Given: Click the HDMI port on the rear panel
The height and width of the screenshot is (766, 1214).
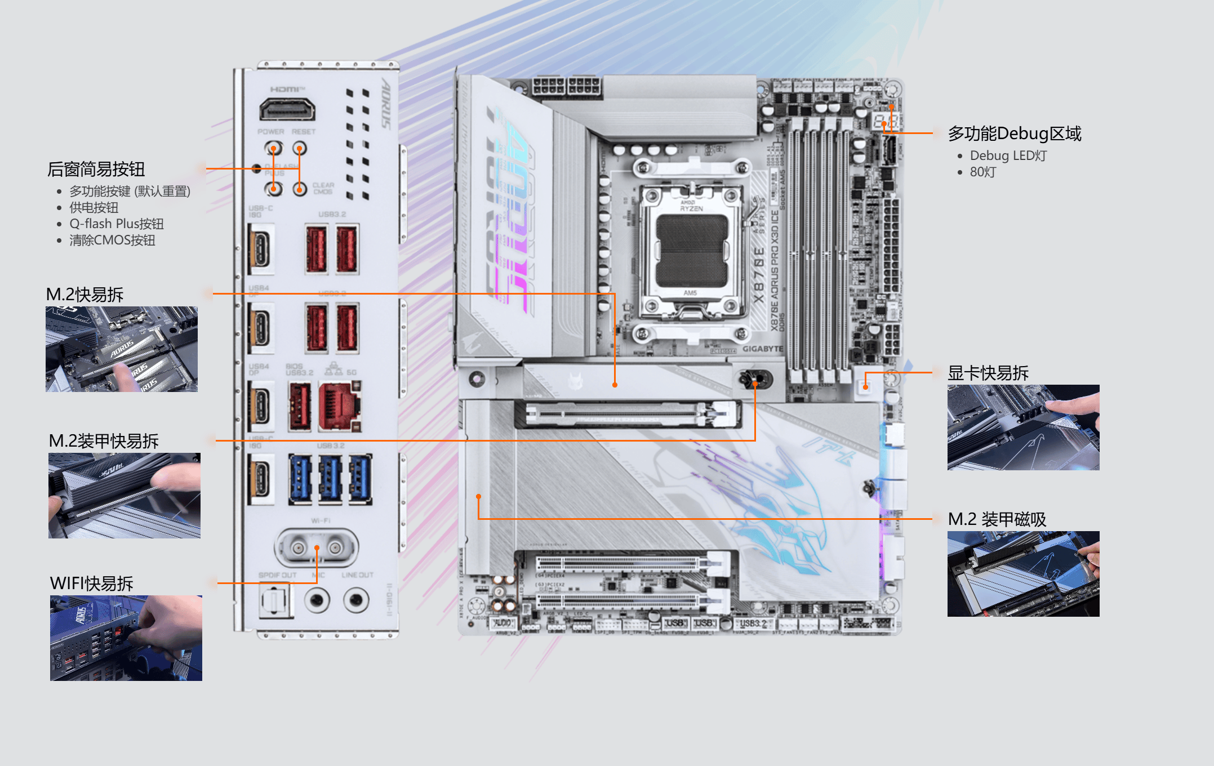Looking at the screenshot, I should tap(287, 109).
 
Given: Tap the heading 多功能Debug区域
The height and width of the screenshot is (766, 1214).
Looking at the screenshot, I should tap(1014, 133).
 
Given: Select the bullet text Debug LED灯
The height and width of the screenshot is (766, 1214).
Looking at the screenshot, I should tap(1008, 155).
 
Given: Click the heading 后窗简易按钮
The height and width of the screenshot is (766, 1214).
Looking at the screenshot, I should tap(96, 169).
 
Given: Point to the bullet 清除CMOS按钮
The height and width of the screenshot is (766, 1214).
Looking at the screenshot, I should tap(112, 241).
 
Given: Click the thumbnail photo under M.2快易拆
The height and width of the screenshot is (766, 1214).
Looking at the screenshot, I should tap(122, 349).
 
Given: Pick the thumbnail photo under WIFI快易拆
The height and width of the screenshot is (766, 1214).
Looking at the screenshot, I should tap(126, 638).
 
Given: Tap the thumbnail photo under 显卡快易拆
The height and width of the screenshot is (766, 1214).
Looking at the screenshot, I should tap(1023, 427).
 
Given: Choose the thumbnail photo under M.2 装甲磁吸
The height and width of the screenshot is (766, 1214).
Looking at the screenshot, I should tap(1023, 574).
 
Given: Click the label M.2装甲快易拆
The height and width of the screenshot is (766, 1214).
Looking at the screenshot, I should tap(104, 441).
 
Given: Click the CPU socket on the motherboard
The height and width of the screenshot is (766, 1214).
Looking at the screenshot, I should tap(691, 251).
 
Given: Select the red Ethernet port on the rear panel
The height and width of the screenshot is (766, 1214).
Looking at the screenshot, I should tap(340, 406).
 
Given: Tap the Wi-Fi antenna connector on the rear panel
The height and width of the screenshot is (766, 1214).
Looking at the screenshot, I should tap(317, 547).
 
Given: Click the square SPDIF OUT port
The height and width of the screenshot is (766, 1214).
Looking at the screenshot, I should tap(274, 600).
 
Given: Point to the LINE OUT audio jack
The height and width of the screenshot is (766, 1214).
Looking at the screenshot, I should tap(356, 600).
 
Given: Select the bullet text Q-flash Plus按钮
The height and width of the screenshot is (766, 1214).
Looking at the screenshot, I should tap(116, 224).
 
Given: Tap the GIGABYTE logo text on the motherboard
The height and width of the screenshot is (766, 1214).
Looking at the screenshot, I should tap(762, 349).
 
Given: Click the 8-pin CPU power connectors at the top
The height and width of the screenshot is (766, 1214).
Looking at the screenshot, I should tap(566, 87).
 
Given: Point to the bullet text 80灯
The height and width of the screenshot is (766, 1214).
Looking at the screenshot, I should tap(982, 172).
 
